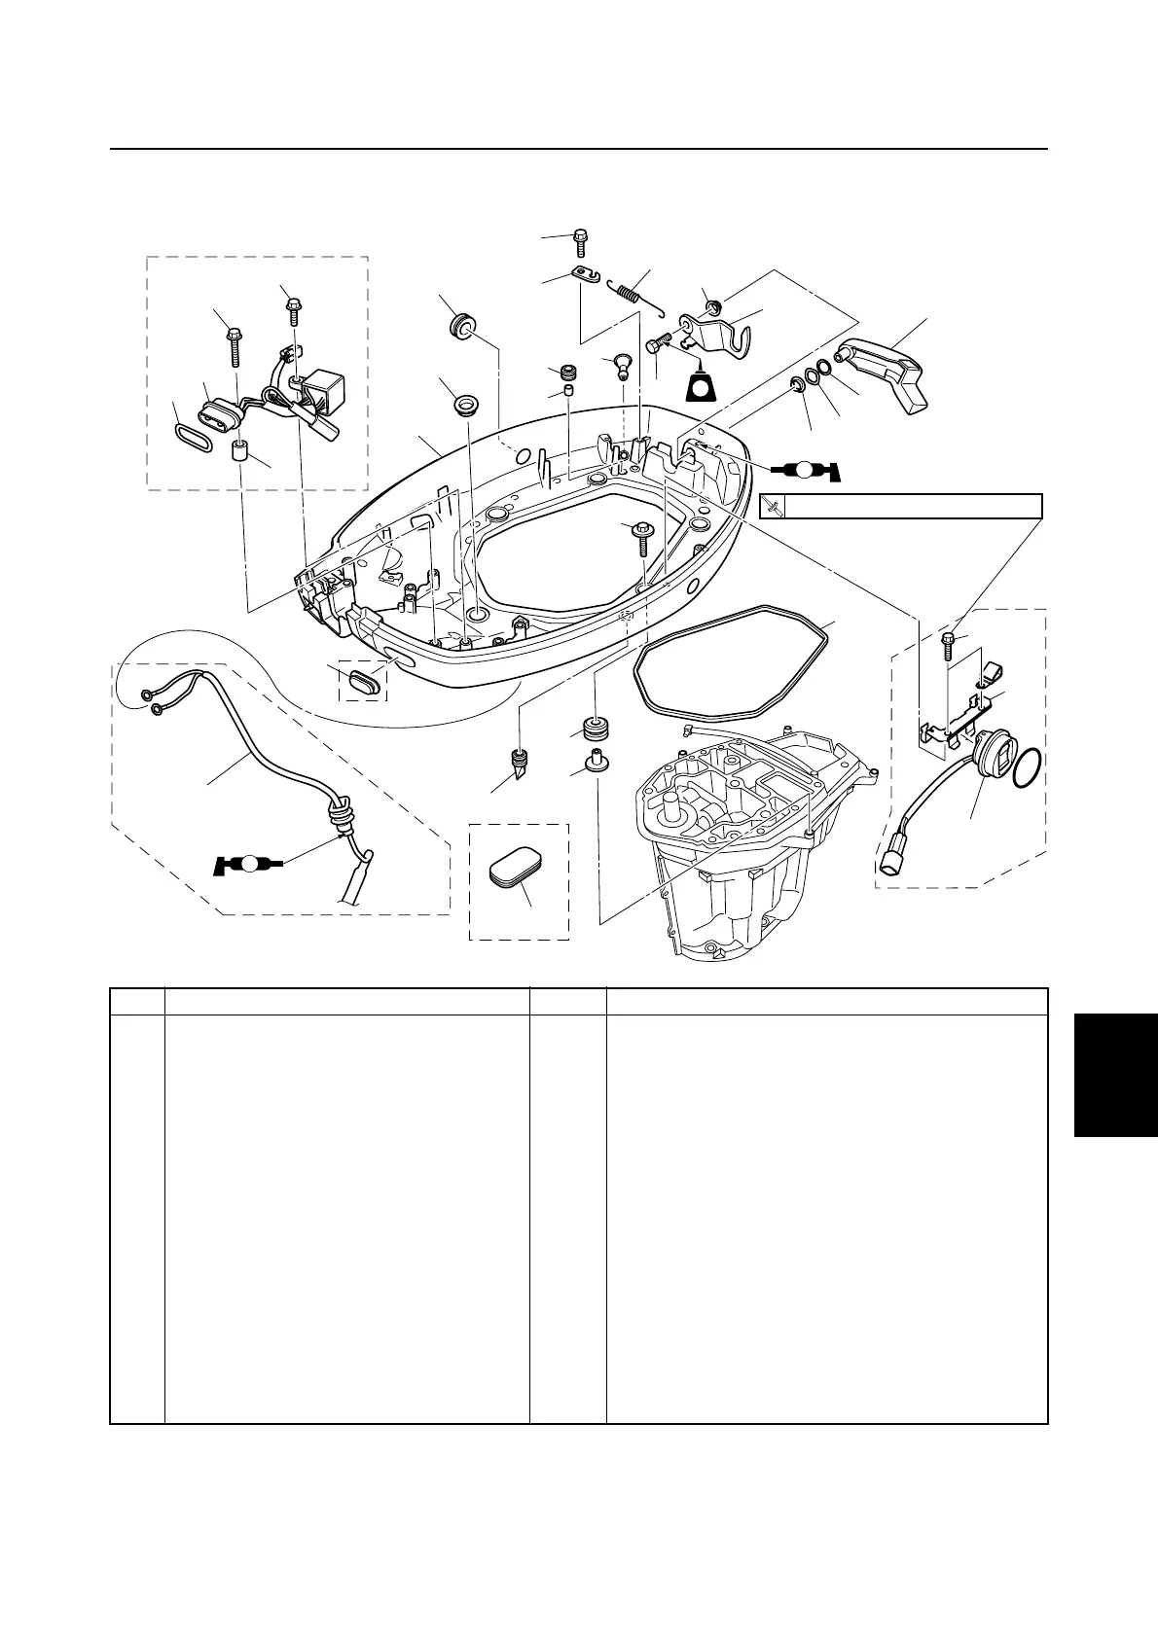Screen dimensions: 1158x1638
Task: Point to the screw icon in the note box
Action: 773,507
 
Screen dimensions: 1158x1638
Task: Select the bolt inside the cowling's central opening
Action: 641,534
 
